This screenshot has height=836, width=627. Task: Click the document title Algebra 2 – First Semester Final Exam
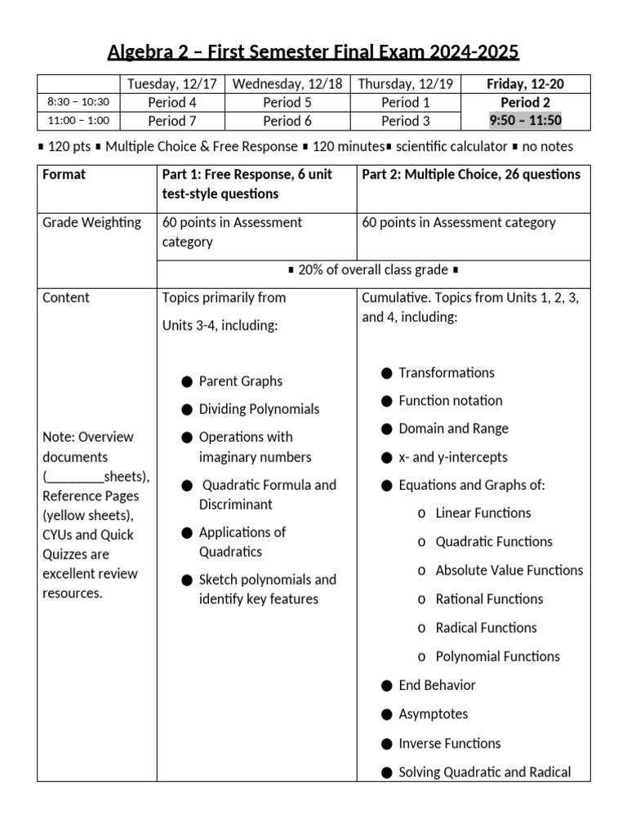tap(313, 53)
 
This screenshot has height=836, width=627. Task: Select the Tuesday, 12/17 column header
tap(172, 83)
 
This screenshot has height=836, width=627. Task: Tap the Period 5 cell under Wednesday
tap(287, 102)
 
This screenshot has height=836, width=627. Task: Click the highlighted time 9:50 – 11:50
tap(525, 121)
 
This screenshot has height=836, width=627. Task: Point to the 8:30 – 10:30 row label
tap(78, 102)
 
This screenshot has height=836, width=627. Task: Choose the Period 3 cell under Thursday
tap(406, 121)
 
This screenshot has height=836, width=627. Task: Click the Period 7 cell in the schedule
tap(172, 121)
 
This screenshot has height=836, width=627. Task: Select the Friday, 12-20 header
tap(525, 83)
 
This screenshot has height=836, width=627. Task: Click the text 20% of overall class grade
tap(373, 270)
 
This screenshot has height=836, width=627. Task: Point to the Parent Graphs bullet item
tap(240, 381)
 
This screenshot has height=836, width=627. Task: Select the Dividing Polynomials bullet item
tap(259, 409)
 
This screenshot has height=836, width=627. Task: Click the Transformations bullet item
tap(446, 373)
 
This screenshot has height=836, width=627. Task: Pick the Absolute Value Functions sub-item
tap(509, 570)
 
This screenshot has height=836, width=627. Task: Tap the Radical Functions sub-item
tap(486, 627)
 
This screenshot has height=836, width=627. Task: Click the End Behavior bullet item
tap(437, 685)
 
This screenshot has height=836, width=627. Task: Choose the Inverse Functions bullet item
tap(449, 743)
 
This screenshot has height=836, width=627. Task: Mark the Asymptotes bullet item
tap(433, 714)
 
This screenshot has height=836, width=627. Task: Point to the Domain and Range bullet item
tap(453, 429)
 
